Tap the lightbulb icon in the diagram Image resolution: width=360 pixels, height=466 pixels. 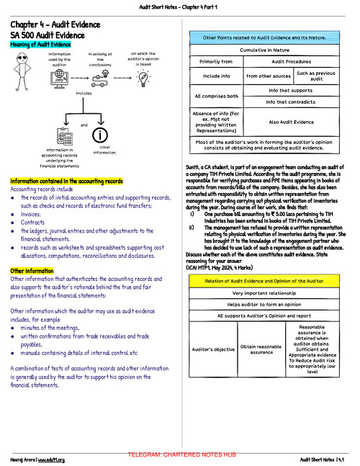click(143, 79)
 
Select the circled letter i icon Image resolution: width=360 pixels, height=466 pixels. click(100, 135)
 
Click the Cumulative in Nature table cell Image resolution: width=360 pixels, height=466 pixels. click(261, 50)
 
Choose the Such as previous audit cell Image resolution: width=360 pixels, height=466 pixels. click(315, 76)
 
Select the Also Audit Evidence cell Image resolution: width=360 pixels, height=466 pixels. click(292, 122)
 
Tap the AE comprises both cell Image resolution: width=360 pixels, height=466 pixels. click(217, 96)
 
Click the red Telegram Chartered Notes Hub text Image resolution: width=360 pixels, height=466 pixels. click(181, 455)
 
